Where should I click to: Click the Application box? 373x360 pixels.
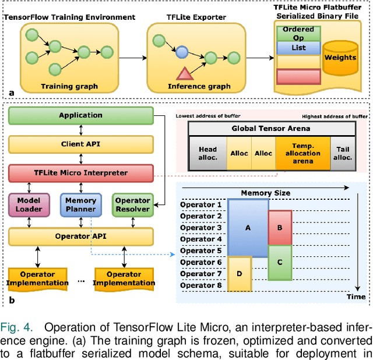pos(80,116)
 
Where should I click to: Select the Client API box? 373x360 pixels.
pos(80,143)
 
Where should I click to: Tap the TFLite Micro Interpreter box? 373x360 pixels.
pos(80,173)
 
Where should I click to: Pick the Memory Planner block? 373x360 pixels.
pos(81,204)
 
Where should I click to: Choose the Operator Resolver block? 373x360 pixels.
pos(132,204)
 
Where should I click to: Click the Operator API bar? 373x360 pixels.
pos(80,236)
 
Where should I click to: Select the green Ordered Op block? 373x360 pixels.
pos(298,33)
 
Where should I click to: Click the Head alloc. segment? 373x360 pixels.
pos(207,153)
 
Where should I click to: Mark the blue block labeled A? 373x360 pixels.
pos(248,228)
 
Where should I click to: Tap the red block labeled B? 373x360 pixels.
pos(280,228)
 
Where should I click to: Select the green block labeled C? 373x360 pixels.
pos(280,262)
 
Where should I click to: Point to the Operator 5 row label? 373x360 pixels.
pos(201,250)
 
